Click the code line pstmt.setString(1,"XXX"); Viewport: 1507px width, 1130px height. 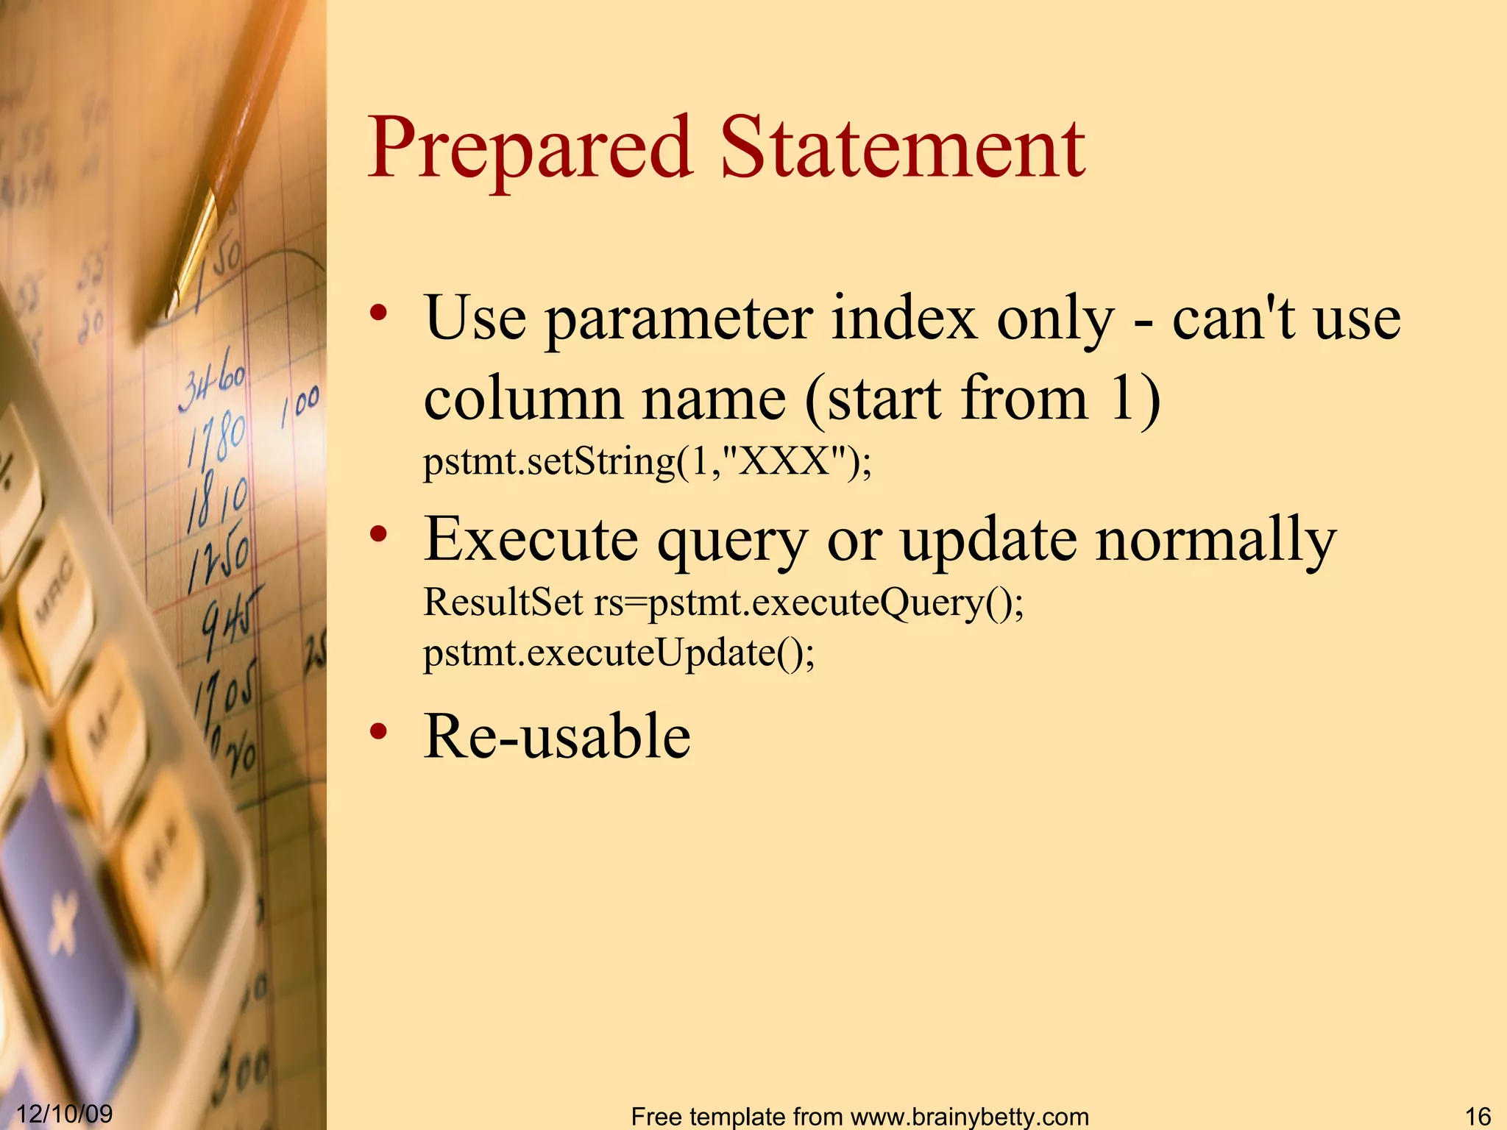[647, 462]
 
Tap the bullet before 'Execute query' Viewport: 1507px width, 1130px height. [378, 535]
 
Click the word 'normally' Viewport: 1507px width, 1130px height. [1215, 541]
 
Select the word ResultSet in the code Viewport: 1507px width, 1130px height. [503, 603]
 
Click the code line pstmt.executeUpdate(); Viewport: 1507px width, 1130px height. [619, 653]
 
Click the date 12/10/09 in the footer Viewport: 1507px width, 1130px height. [64, 1113]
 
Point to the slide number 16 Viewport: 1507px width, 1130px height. [1478, 1115]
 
